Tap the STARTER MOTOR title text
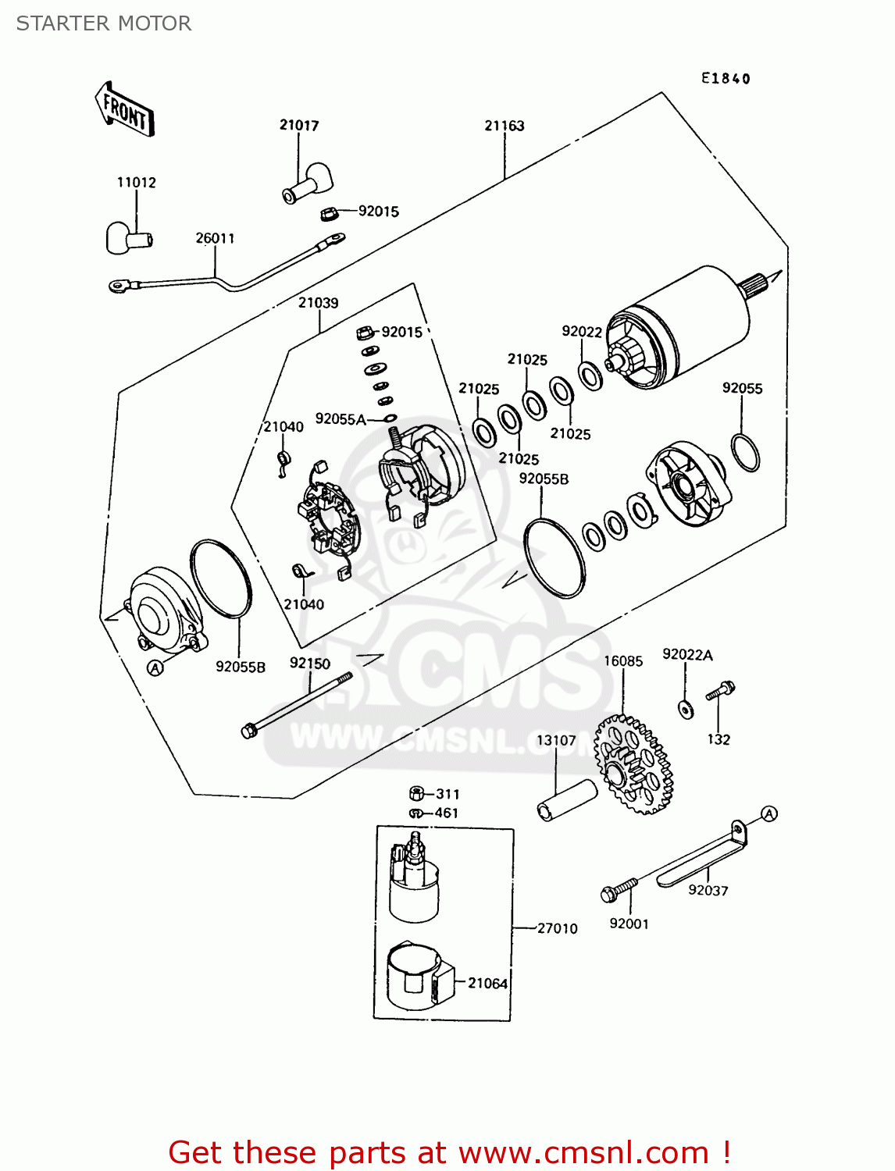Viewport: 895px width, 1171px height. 103,23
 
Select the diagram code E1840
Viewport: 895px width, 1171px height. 726,78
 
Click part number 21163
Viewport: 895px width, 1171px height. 504,126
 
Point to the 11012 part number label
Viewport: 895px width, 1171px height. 137,183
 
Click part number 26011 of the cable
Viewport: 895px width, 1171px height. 215,238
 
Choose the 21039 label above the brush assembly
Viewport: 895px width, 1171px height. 318,303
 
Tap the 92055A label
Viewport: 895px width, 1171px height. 341,419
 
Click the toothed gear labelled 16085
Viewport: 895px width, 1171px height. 633,765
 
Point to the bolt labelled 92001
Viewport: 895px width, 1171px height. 619,889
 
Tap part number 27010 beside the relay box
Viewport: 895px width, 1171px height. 557,928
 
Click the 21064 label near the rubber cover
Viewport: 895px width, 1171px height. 487,984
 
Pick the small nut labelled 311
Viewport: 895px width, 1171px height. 417,794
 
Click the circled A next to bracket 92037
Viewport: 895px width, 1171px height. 769,814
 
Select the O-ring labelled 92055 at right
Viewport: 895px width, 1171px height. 745,453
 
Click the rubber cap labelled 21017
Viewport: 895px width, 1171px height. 308,182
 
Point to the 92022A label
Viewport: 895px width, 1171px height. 687,655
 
